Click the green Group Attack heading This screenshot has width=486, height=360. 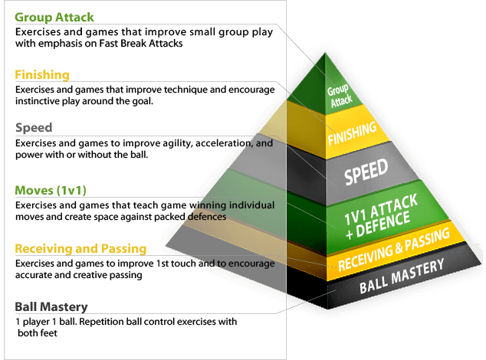(x=54, y=17)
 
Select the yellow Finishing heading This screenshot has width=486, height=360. (x=42, y=74)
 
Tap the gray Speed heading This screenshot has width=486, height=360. (x=34, y=128)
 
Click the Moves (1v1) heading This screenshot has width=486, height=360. (x=51, y=190)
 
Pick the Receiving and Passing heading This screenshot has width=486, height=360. (x=80, y=248)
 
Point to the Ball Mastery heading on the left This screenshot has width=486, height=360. (x=51, y=306)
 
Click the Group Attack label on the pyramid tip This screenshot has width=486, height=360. (x=340, y=96)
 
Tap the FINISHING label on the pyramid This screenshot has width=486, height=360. (x=353, y=133)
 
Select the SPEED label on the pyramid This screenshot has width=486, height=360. (x=366, y=172)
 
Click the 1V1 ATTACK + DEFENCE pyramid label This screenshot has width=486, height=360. (x=381, y=217)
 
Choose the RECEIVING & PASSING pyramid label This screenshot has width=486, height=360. (x=394, y=249)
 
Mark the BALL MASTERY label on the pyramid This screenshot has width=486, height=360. (x=402, y=276)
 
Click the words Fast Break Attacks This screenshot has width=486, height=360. (x=141, y=44)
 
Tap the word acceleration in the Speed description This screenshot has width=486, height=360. (x=224, y=143)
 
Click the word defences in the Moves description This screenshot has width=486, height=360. (x=207, y=217)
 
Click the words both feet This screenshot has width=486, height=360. (x=38, y=333)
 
